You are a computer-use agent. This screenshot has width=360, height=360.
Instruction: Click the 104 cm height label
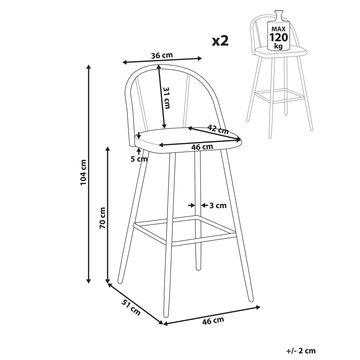pyautogui.click(x=83, y=172)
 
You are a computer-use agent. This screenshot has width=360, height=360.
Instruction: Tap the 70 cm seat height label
pyautogui.click(x=103, y=218)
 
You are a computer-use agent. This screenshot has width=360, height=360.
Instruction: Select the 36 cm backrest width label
pyautogui.click(x=162, y=55)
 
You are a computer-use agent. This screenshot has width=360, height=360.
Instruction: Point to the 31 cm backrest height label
pyautogui.click(x=166, y=98)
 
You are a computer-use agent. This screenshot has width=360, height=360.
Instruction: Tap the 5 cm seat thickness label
pyautogui.click(x=139, y=159)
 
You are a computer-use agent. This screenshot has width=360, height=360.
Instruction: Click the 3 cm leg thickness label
pyautogui.click(x=218, y=206)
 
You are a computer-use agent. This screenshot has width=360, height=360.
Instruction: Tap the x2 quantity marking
pyautogui.click(x=220, y=41)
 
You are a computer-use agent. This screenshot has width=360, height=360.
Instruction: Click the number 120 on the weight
pyautogui.click(x=278, y=37)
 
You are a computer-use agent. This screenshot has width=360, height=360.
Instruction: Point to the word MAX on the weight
pyautogui.click(x=278, y=29)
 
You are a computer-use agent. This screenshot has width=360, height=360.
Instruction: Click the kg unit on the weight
pyautogui.click(x=278, y=46)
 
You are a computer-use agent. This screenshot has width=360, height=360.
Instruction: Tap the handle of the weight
pyautogui.click(x=278, y=16)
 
